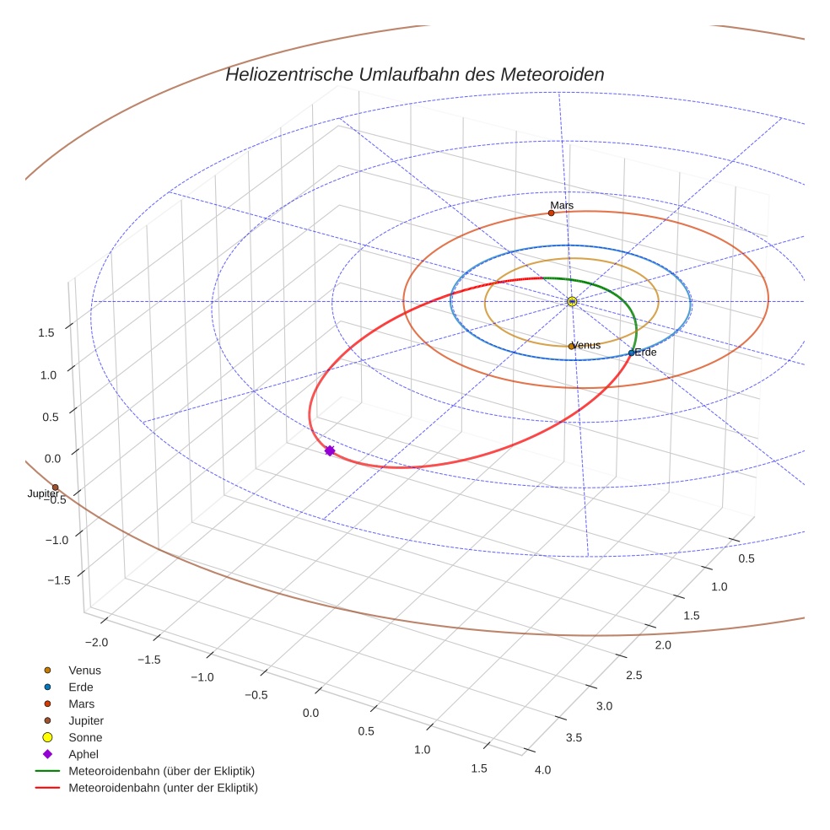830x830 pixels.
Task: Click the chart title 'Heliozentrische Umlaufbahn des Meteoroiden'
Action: pos(414,74)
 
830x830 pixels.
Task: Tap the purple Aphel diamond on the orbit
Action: pos(330,451)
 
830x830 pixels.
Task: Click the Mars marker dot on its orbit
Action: pos(551,213)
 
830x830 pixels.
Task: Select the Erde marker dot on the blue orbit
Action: pos(631,353)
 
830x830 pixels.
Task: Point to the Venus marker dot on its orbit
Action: pos(571,346)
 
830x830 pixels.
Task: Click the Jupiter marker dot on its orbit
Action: pos(55,488)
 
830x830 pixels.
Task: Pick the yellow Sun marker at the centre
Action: pos(572,301)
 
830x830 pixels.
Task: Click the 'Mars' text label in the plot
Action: pos(562,205)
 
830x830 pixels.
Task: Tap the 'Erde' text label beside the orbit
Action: pos(645,353)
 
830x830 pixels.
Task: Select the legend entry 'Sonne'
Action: pos(85,737)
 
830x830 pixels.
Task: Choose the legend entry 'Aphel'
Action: pos(84,754)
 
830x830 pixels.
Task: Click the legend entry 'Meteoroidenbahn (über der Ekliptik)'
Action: pos(161,771)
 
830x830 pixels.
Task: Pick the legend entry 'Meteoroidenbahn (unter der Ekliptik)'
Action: pos(163,788)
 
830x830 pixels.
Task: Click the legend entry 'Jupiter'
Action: pos(86,720)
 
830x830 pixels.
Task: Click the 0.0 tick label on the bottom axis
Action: pos(310,714)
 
